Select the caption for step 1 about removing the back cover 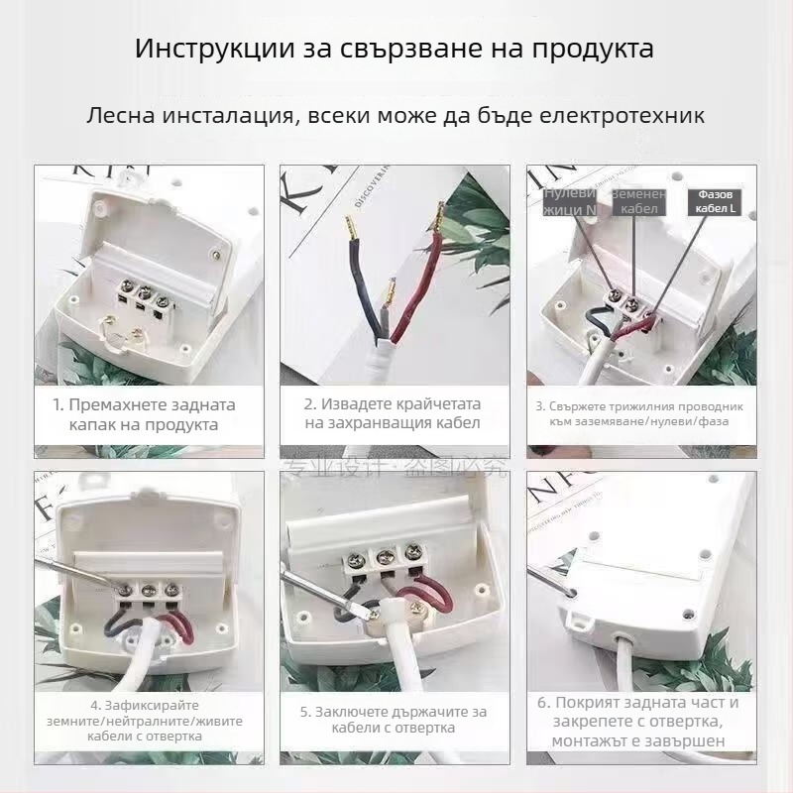coord(144,414)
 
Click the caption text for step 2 coord(392,414)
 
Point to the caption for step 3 coord(639,414)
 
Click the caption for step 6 coord(639,722)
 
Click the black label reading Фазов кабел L coord(713,202)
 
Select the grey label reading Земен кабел coord(638,202)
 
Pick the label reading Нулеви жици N coord(569,201)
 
